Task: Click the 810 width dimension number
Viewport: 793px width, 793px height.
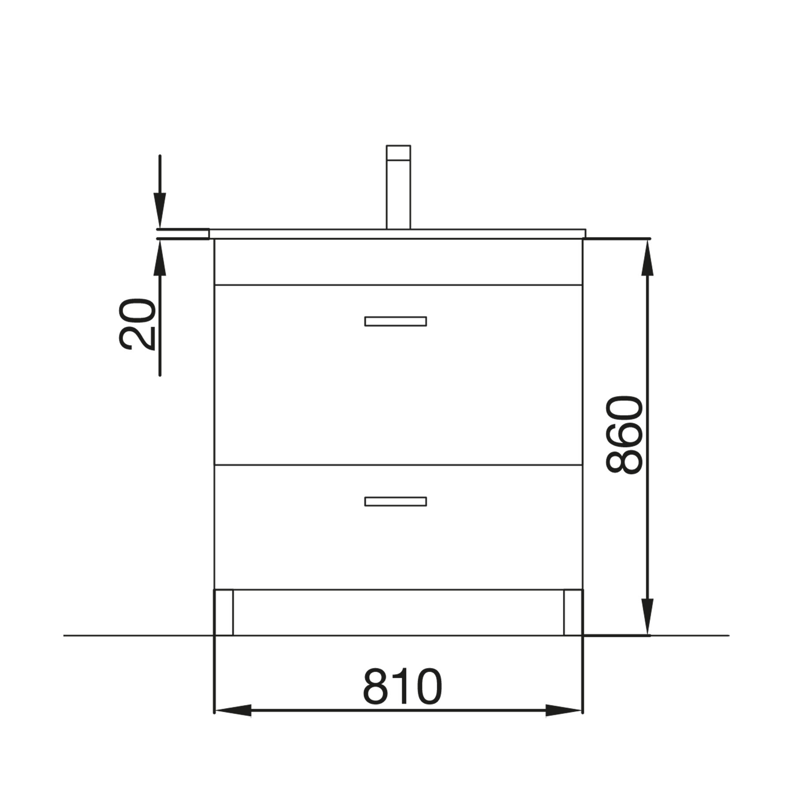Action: (402, 687)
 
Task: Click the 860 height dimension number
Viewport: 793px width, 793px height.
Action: (625, 435)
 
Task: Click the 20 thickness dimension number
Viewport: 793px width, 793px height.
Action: (137, 324)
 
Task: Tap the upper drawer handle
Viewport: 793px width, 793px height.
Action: (395, 321)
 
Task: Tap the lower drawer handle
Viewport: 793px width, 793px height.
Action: (395, 501)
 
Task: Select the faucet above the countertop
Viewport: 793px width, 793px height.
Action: (398, 187)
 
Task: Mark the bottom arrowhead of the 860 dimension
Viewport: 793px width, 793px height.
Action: (647, 617)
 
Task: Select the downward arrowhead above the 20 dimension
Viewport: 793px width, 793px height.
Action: (160, 211)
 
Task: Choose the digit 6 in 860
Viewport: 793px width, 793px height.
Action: (625, 435)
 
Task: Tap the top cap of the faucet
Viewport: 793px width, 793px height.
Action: (398, 152)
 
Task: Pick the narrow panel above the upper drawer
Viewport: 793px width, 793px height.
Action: (398, 262)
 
